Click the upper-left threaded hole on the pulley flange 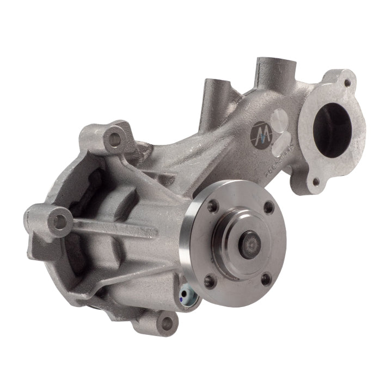click(x=213, y=206)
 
